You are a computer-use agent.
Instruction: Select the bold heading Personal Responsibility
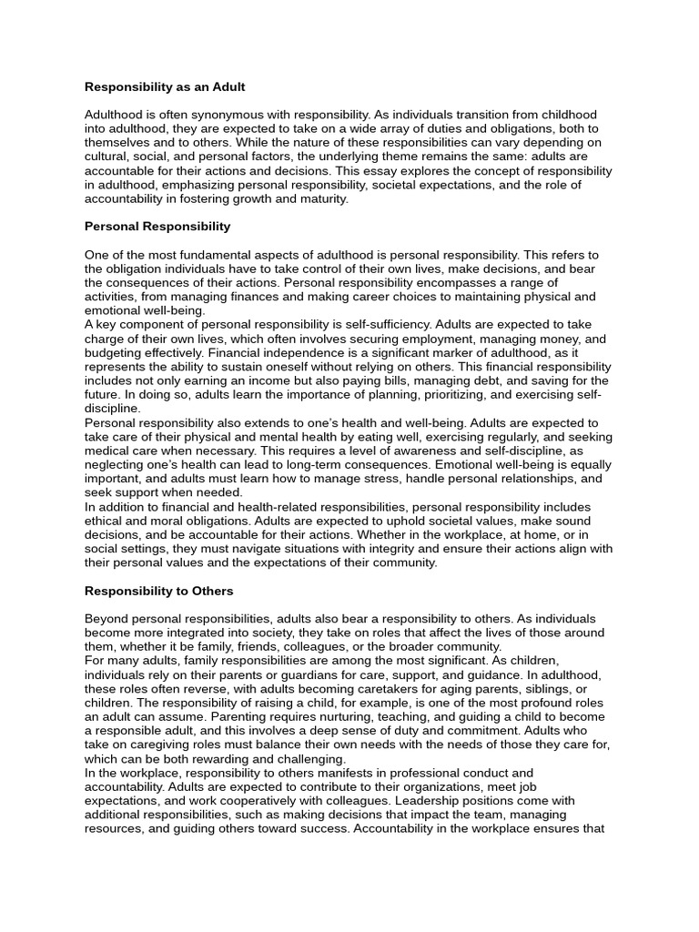(157, 226)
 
